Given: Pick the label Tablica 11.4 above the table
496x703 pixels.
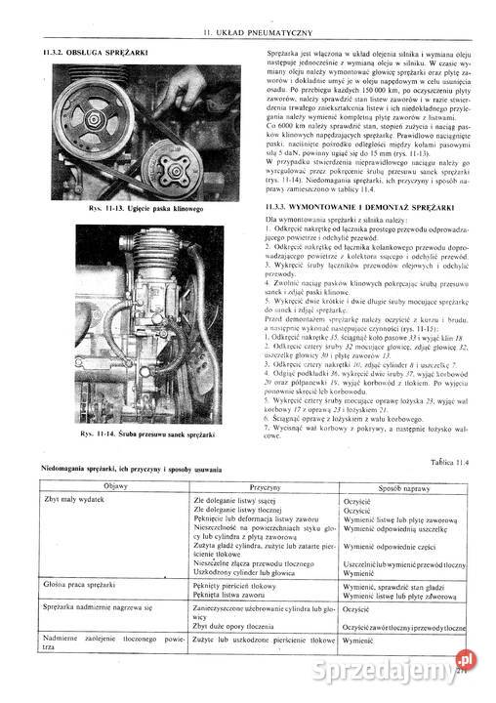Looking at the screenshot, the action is pyautogui.click(x=449, y=461).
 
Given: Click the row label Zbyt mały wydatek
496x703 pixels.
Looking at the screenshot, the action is pyautogui.click(x=74, y=500).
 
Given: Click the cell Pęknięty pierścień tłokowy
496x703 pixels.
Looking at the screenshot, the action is pyautogui.click(x=239, y=584).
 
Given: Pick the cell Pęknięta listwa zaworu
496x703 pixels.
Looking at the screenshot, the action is pyautogui.click(x=232, y=594).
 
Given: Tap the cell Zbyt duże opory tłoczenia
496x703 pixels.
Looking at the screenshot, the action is pyautogui.click(x=235, y=627).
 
